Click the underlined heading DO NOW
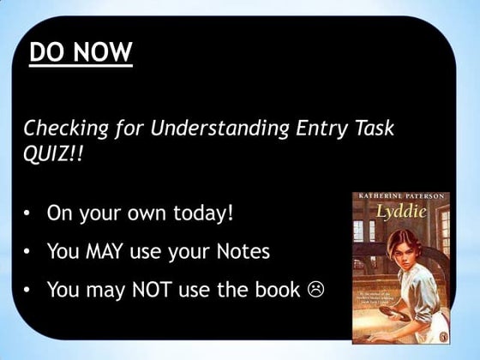(81, 52)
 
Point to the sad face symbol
(315, 290)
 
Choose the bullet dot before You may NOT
(29, 290)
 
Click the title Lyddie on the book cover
(399, 211)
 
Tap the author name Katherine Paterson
(400, 197)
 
